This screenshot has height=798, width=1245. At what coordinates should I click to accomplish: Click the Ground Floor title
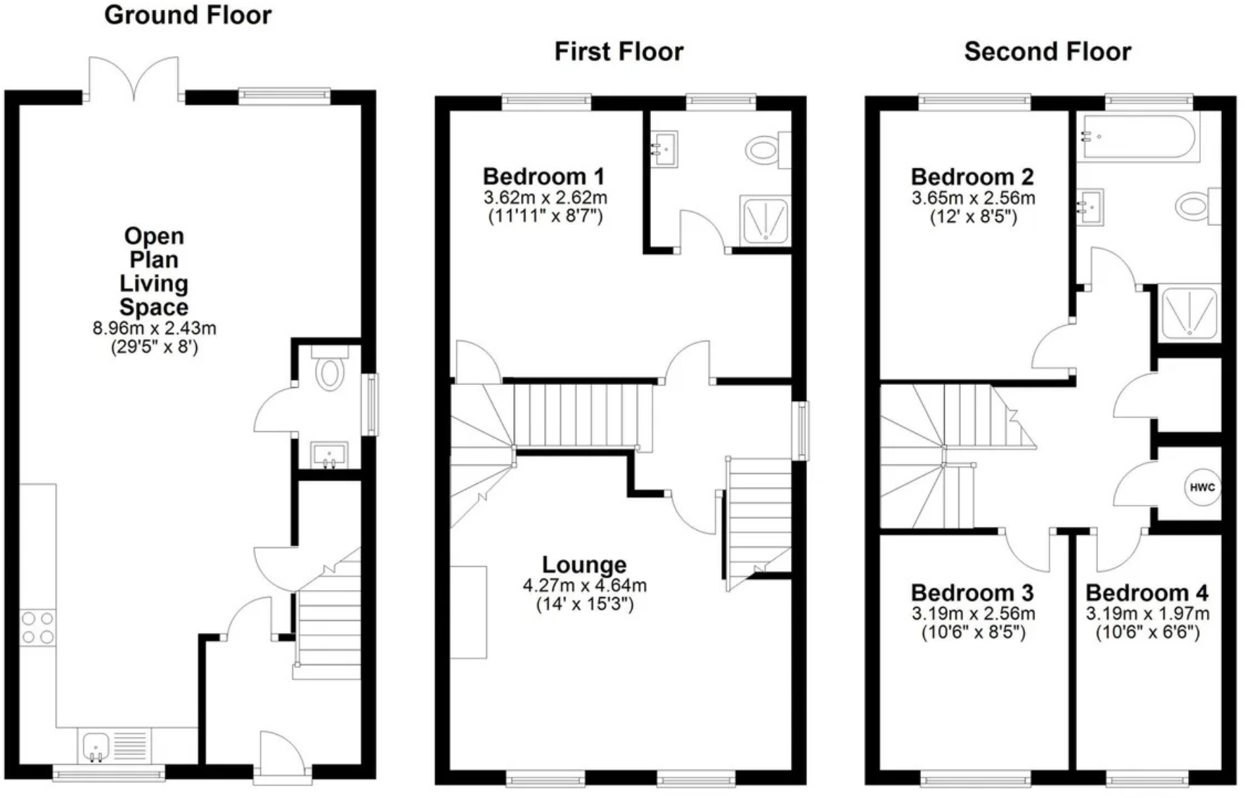click(188, 15)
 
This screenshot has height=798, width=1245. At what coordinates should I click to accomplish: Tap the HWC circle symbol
click(1202, 488)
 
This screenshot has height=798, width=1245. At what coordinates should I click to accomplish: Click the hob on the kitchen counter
click(37, 628)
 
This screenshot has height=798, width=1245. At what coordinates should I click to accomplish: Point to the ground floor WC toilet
click(329, 372)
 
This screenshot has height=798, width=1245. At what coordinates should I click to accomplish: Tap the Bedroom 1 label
click(543, 176)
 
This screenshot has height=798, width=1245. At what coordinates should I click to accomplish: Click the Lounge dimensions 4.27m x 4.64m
click(584, 585)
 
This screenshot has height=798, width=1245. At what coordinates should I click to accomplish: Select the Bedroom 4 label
click(1147, 593)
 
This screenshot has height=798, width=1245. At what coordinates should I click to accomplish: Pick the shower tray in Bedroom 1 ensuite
click(765, 220)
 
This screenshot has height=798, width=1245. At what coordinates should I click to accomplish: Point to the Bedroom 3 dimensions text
click(973, 622)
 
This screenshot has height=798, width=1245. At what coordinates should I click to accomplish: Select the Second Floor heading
click(1047, 51)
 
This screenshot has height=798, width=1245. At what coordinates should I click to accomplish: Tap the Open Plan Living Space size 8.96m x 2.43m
click(154, 328)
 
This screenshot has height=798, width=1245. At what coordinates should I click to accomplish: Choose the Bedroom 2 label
click(972, 176)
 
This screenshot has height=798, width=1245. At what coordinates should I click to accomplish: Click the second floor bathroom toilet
click(1196, 207)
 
